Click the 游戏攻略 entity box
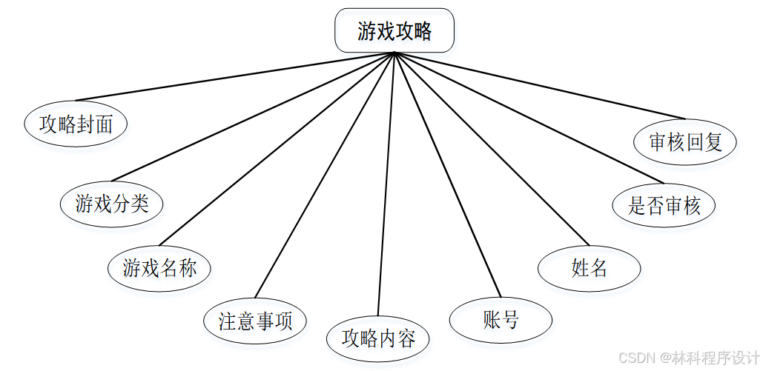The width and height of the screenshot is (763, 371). pyautogui.click(x=394, y=31)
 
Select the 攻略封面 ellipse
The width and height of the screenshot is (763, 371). pyautogui.click(x=76, y=124)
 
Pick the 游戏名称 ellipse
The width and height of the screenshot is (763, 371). pyautogui.click(x=159, y=267)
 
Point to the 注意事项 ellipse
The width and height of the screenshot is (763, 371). pyautogui.click(x=255, y=321)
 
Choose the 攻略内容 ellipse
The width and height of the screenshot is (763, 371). pyautogui.click(x=378, y=338)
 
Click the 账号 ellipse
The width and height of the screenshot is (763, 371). pyautogui.click(x=501, y=320)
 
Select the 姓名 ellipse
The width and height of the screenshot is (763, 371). pyautogui.click(x=589, y=268)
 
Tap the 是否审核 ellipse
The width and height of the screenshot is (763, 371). pyautogui.click(x=664, y=205)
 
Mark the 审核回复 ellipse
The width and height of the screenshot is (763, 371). pyautogui.click(x=686, y=141)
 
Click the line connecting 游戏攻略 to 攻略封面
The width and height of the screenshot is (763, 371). pyautogui.click(x=235, y=76)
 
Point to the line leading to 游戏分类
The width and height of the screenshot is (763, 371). pyautogui.click(x=252, y=116)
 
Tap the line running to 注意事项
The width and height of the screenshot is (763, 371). pyautogui.click(x=325, y=175)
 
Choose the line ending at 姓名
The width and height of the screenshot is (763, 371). pyautogui.click(x=492, y=149)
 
